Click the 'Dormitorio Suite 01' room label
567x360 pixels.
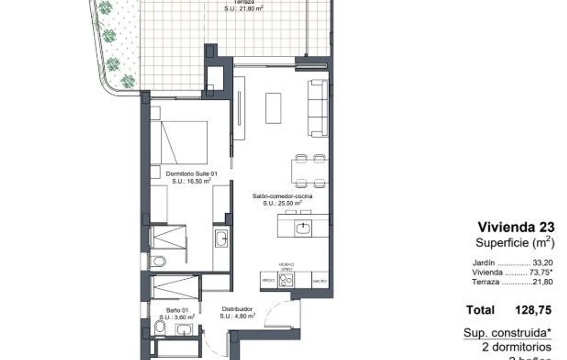191,174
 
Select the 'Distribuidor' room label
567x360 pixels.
236,309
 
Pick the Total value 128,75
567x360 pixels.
533,310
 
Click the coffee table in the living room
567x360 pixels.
273,108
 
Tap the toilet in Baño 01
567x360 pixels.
159,327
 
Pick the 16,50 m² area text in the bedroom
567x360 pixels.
191,181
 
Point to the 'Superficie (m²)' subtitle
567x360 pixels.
514,243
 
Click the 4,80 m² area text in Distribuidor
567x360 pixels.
237,316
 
